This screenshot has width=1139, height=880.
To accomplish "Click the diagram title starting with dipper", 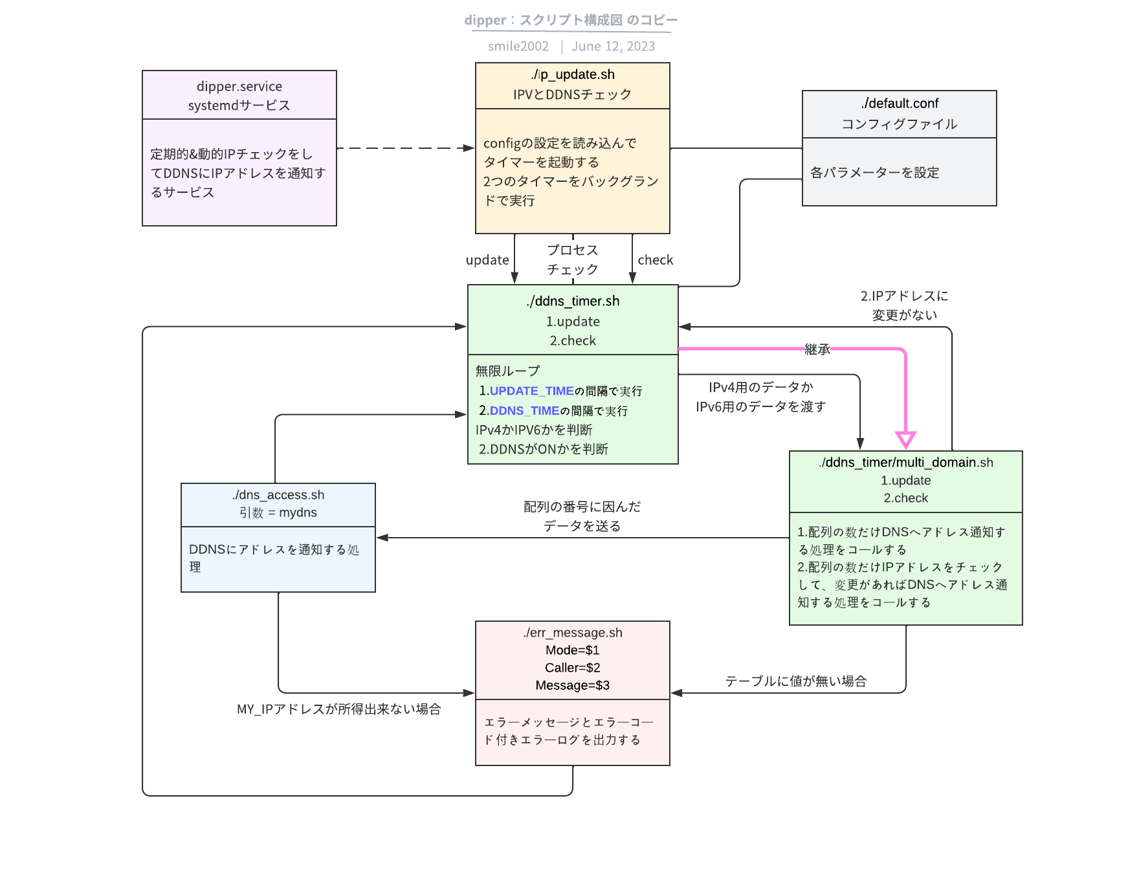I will (571, 20).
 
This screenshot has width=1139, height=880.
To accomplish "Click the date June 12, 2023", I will (613, 47).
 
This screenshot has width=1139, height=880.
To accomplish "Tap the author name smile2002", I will (518, 47).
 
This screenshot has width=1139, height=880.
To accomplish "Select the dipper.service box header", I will (239, 95).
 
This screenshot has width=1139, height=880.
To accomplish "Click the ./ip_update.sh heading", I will (573, 74).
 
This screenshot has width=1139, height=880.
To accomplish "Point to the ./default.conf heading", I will (900, 104).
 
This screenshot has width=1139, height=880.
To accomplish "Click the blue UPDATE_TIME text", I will (531, 391).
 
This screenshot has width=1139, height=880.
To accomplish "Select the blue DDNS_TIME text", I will (524, 411).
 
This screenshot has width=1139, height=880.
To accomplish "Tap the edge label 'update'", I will (487, 260).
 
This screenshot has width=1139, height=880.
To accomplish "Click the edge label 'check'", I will (655, 260).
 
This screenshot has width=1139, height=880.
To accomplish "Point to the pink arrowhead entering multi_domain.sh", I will (905, 440).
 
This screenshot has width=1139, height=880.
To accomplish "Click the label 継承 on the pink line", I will (817, 349).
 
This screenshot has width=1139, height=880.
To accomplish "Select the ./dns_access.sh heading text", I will (278, 495).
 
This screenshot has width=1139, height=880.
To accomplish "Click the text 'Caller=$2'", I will (573, 668).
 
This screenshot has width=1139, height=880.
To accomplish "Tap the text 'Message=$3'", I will (573, 685).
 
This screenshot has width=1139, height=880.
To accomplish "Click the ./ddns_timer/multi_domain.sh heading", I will (905, 463).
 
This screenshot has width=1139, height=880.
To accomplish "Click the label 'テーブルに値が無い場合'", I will (795, 681).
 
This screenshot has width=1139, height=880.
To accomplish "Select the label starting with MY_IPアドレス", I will (338, 709).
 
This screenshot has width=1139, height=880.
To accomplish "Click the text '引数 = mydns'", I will (278, 512).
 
